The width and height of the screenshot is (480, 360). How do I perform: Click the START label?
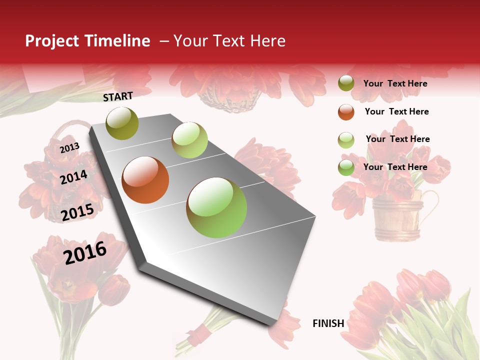[x=118, y=96]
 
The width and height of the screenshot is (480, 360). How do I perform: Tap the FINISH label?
[x=328, y=323]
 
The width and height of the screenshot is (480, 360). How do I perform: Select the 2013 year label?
[x=70, y=148]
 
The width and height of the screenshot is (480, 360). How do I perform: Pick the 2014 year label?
[x=74, y=177]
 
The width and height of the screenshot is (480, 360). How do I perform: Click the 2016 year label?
[x=85, y=252]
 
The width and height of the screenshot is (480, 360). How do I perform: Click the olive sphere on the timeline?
[x=122, y=123]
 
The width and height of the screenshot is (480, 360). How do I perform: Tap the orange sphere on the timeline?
[x=145, y=180]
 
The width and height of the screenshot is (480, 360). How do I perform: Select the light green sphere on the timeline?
[x=189, y=140]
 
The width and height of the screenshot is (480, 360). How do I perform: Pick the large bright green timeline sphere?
[x=216, y=207]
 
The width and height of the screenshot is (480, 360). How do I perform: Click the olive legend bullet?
[x=346, y=83]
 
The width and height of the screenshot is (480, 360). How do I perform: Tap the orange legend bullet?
[x=346, y=112]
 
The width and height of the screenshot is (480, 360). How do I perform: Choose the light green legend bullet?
[x=346, y=140]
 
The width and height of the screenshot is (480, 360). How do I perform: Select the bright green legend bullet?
[x=346, y=167]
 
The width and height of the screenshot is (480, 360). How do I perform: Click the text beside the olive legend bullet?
[x=395, y=83]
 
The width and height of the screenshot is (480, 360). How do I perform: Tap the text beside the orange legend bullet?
[x=396, y=111]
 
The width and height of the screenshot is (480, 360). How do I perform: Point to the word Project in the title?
[x=52, y=41]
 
